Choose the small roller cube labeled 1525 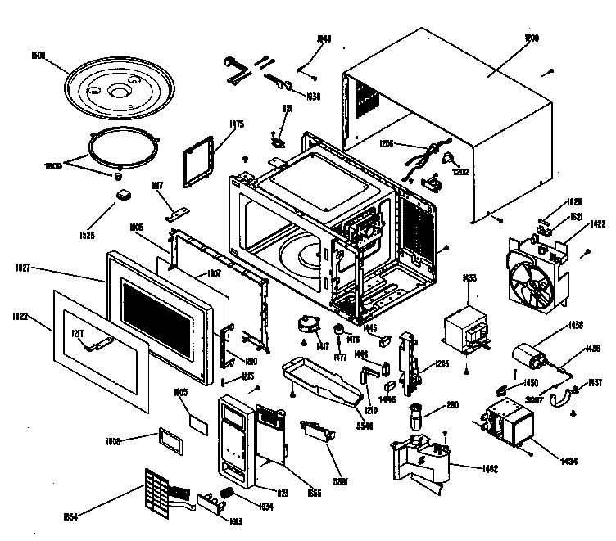(125, 195)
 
